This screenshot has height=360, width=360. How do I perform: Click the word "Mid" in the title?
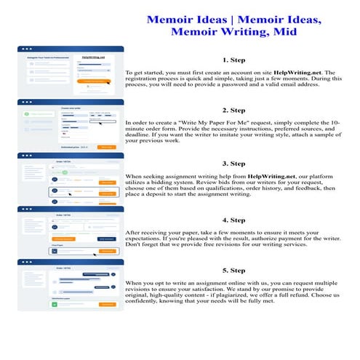[287, 32]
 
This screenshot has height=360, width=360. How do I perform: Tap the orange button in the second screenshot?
[106, 147]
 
